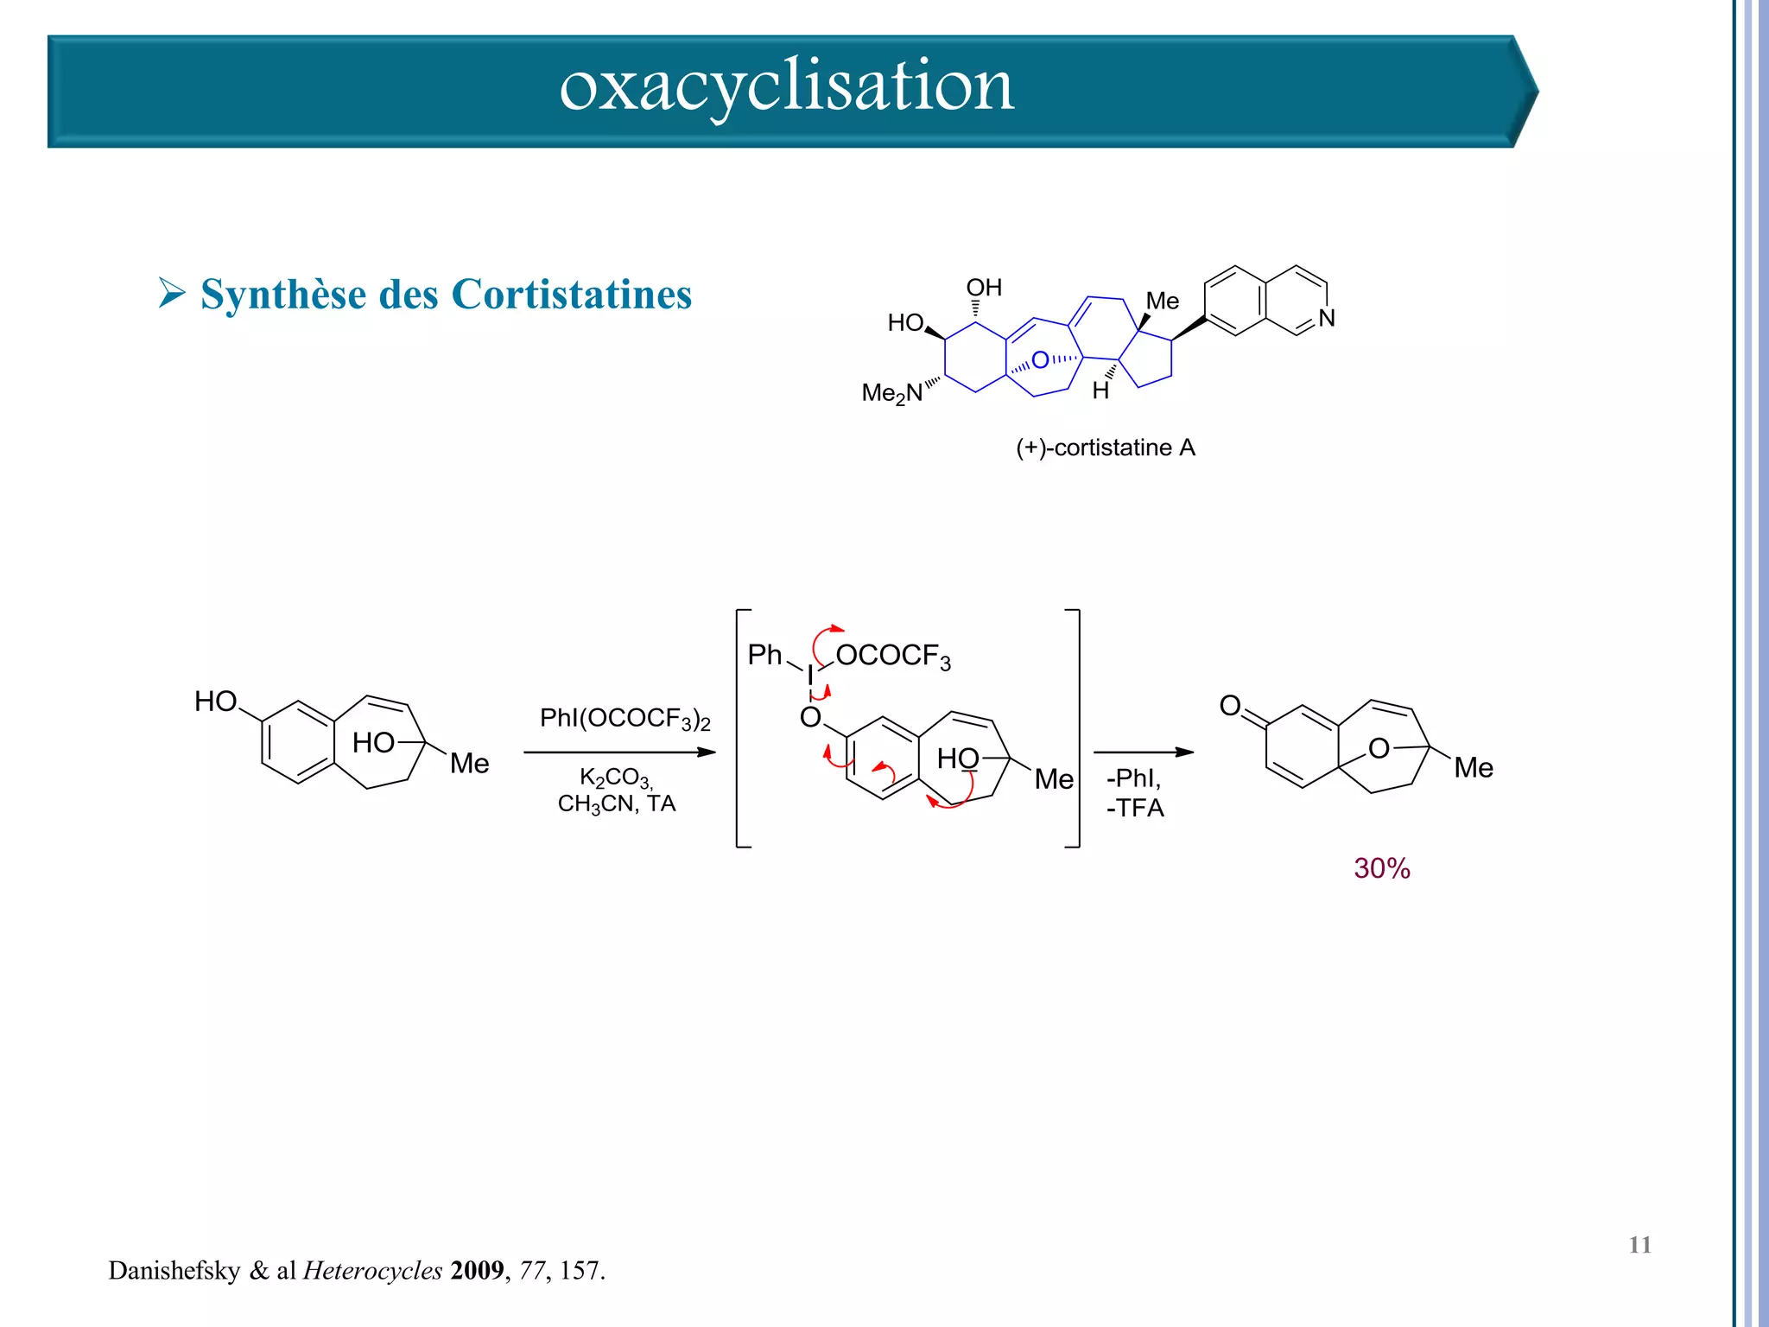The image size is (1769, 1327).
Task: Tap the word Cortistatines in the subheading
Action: [x=571, y=295]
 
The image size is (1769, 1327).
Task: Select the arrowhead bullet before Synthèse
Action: [x=172, y=293]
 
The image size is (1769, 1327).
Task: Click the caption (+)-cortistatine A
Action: [x=1105, y=448]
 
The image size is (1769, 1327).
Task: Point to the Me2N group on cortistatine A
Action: [x=891, y=393]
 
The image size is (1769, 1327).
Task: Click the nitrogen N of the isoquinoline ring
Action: [x=1327, y=318]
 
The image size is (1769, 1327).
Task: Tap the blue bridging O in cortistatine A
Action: [x=1040, y=359]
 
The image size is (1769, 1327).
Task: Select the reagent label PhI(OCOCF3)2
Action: [x=625, y=719]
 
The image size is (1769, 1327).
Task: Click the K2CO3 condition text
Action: [x=615, y=777]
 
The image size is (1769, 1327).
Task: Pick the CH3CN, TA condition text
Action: [x=616, y=804]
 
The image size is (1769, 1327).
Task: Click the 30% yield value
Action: [x=1381, y=868]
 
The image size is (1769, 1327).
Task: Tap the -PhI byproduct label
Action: [x=1133, y=778]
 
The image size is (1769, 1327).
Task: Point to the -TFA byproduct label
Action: [x=1135, y=809]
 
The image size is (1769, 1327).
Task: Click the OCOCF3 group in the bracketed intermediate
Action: [x=892, y=657]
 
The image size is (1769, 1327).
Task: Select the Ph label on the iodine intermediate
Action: [x=764, y=655]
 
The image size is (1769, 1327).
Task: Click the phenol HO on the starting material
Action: [x=215, y=702]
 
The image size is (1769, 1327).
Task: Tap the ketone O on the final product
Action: [x=1229, y=706]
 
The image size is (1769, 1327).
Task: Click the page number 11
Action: [x=1639, y=1245]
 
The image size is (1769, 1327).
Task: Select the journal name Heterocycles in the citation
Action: [x=372, y=1271]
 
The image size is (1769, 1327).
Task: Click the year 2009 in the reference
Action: [x=477, y=1271]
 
